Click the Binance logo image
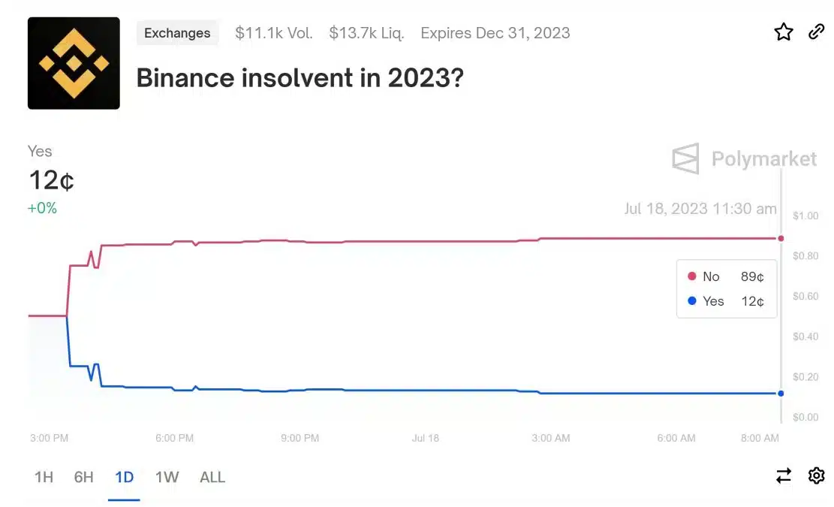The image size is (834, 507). click(x=74, y=63)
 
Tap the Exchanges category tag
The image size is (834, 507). click(x=177, y=33)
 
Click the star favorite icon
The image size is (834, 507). click(x=784, y=32)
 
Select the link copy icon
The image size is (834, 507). click(x=816, y=32)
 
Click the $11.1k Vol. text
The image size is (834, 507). click(x=274, y=33)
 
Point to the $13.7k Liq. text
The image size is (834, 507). click(x=366, y=33)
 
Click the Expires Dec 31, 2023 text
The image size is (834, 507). click(x=495, y=33)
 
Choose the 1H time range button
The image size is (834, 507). click(x=44, y=477)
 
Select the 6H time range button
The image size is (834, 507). click(x=83, y=477)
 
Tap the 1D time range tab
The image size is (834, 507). click(x=125, y=477)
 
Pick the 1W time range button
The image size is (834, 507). click(x=167, y=477)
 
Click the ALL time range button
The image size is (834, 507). click(x=212, y=477)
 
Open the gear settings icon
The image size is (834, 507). click(x=817, y=475)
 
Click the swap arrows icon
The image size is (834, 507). click(x=784, y=475)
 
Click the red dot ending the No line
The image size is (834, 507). click(x=781, y=238)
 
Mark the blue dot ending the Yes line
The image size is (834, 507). click(x=781, y=393)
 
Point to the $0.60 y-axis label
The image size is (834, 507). click(x=805, y=297)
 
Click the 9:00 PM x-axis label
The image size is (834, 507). click(x=300, y=439)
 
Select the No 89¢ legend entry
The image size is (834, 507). click(x=726, y=276)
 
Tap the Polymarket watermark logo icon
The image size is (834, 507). click(x=685, y=158)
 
